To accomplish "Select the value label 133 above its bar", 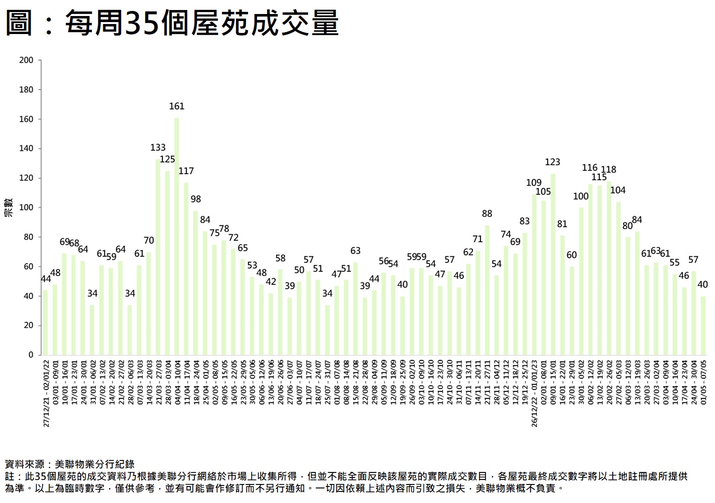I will [158, 148].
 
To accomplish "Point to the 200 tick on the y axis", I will [26, 60].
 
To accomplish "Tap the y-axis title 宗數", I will [9, 207].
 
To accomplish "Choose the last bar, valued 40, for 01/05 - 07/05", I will [703, 325].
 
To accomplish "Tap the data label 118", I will [608, 170].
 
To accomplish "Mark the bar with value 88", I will [487, 290].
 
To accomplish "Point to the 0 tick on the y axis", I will [31, 355].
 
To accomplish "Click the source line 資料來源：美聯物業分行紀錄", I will [70, 464].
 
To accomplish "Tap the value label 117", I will [186, 171].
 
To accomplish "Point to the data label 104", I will [618, 190].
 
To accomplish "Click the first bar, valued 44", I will [46, 322].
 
